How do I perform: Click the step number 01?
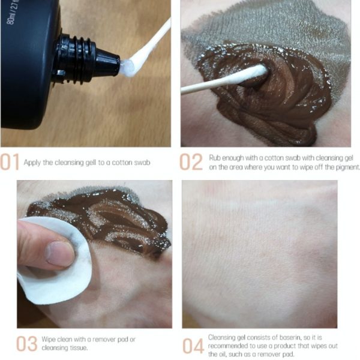(x=10, y=162)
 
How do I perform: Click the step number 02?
(x=191, y=162)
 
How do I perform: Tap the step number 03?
(x=26, y=344)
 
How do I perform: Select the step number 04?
(x=193, y=346)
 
